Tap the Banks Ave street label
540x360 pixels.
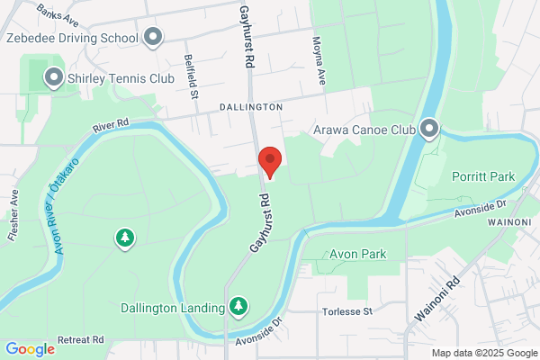pyautogui.click(x=59, y=13)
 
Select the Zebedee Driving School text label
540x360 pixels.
pyautogui.click(x=72, y=38)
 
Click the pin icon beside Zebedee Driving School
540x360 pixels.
pyautogui.click(x=153, y=38)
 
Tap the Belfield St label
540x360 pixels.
pyautogui.click(x=191, y=69)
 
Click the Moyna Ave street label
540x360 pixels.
pyautogui.click(x=318, y=59)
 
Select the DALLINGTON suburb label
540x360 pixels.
pyautogui.click(x=250, y=107)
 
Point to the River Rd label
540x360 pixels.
pyautogui.click(x=112, y=127)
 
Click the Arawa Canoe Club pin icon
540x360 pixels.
pyautogui.click(x=429, y=130)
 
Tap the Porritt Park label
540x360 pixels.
pyautogui.click(x=483, y=176)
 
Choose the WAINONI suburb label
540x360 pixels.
pyautogui.click(x=513, y=220)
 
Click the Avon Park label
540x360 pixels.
pyautogui.click(x=357, y=255)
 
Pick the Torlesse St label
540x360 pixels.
pyautogui.click(x=346, y=311)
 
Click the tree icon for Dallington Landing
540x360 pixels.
pyautogui.click(x=238, y=308)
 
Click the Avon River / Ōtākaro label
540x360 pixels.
pyautogui.click(x=66, y=205)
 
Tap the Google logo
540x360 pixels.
pyautogui.click(x=30, y=349)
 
